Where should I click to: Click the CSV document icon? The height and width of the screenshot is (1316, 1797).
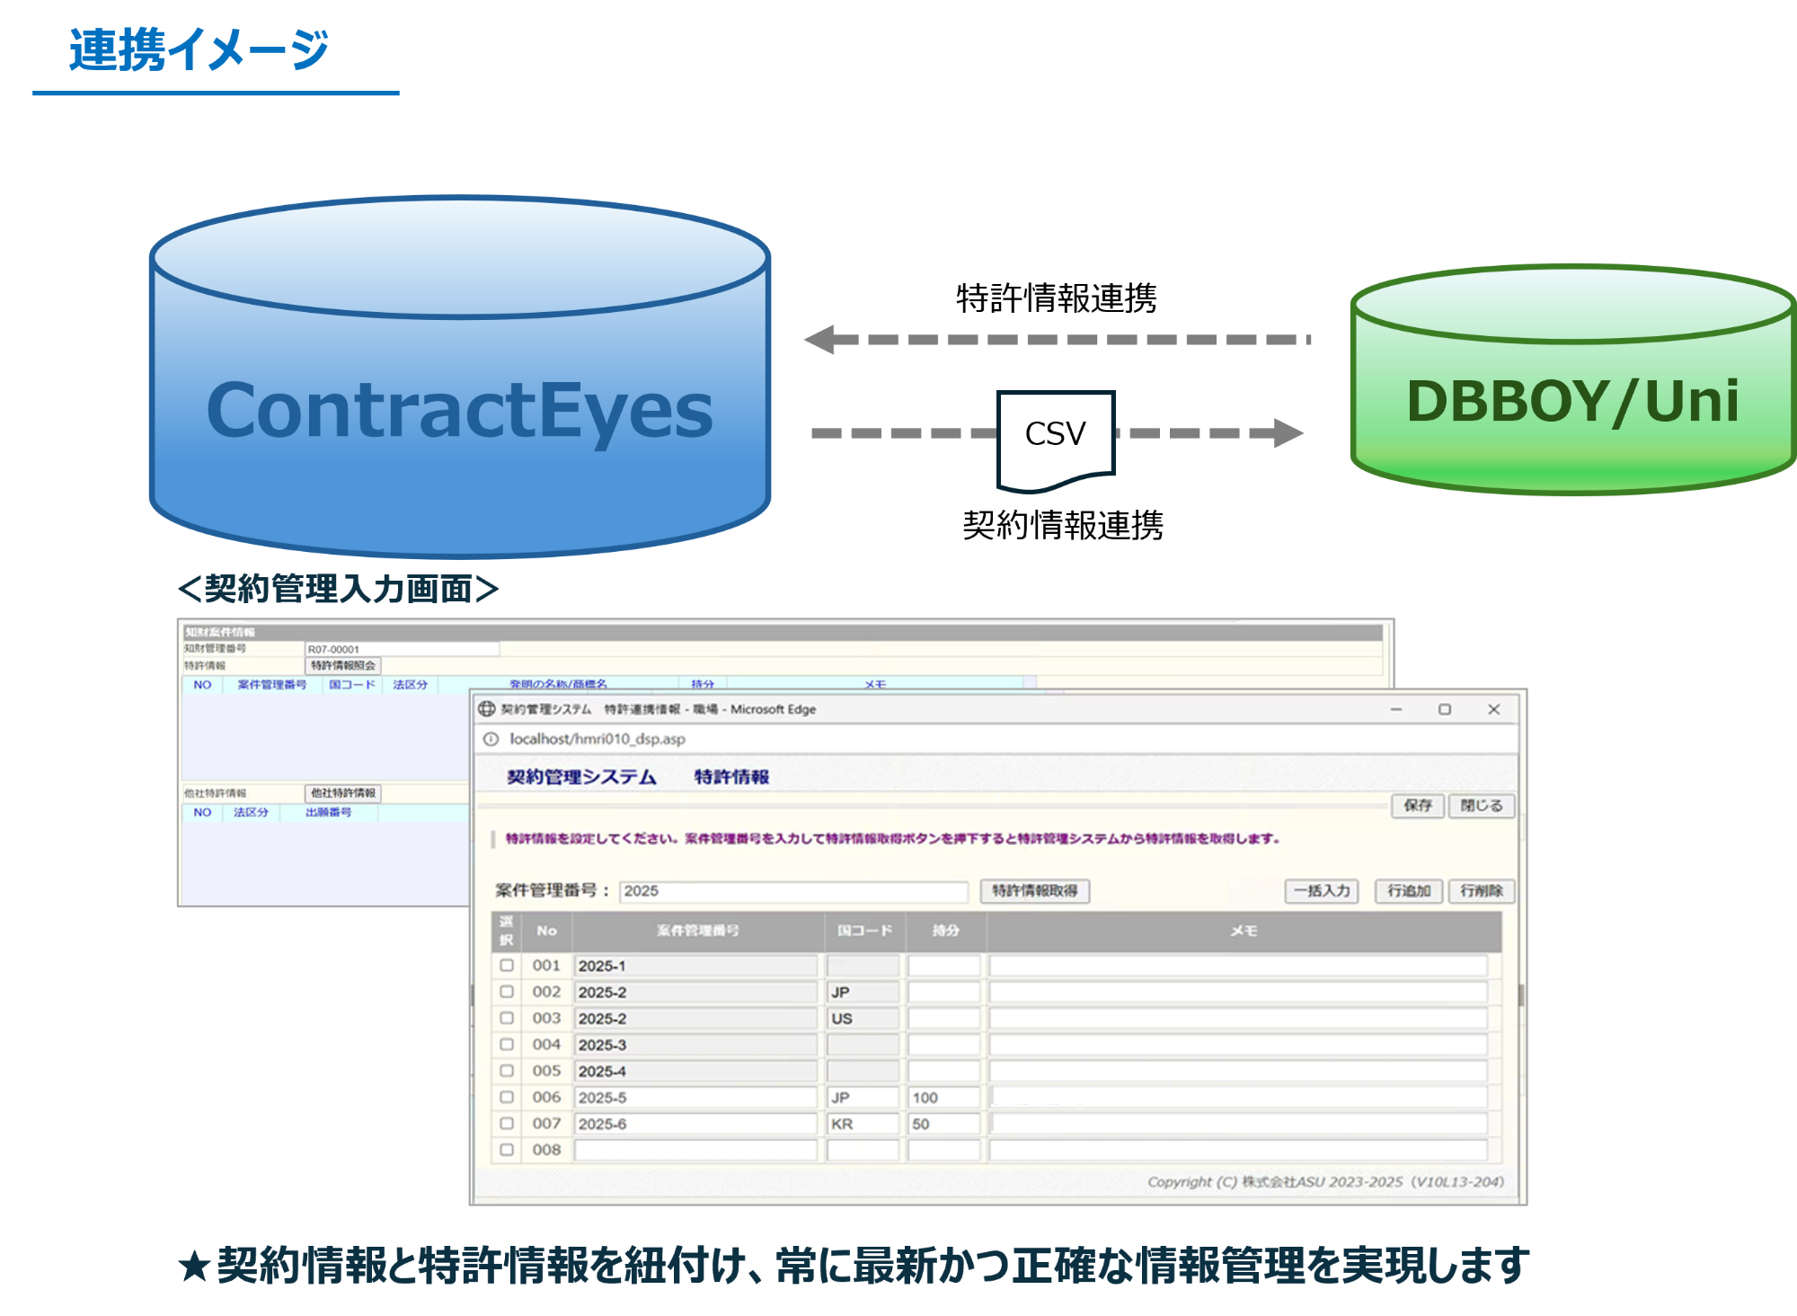click(1056, 439)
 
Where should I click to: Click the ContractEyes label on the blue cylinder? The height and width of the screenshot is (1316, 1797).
click(459, 410)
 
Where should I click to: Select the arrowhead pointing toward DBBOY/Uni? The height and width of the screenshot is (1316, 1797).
click(1288, 433)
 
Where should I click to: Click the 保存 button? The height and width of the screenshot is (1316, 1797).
click(1418, 805)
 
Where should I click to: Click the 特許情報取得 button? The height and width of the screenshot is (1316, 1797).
click(1034, 891)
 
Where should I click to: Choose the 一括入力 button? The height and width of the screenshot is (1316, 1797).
click(1322, 891)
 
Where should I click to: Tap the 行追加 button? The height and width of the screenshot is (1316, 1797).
click(1408, 891)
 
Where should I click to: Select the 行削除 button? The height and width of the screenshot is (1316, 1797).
click(1481, 891)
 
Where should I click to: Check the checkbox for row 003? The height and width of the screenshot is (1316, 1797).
click(507, 1018)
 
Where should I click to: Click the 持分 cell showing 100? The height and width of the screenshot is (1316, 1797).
click(943, 1098)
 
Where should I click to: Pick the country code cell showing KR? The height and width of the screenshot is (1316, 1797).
click(862, 1124)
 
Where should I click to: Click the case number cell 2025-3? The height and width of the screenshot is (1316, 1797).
click(695, 1045)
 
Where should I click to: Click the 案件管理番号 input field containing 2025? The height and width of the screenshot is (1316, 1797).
click(792, 891)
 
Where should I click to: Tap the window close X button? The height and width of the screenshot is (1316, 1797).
click(1493, 709)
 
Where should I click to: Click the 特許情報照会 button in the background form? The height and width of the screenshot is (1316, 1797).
click(343, 666)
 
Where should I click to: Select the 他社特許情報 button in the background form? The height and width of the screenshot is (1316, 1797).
click(343, 793)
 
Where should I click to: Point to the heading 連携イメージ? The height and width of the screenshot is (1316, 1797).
click(199, 50)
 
